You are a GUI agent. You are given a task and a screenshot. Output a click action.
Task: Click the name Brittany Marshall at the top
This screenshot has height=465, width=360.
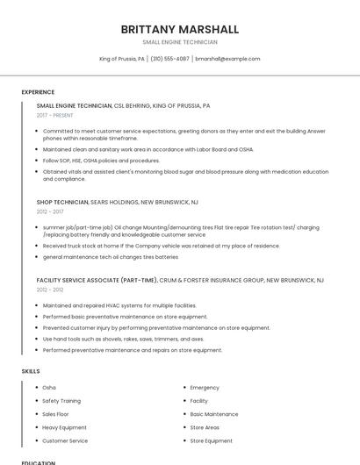(180, 29)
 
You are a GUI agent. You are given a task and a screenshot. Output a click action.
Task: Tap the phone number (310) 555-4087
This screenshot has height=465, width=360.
(169, 59)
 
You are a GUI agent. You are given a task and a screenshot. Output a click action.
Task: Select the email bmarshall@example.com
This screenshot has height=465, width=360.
(227, 59)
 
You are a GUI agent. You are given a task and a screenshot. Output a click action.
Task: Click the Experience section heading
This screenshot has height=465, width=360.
(38, 92)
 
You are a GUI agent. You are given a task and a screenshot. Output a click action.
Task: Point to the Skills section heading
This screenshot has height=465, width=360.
(31, 371)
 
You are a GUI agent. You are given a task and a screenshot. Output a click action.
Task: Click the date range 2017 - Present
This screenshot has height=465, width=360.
(55, 115)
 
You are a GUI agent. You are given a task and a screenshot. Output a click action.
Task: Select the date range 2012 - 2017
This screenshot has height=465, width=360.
(50, 211)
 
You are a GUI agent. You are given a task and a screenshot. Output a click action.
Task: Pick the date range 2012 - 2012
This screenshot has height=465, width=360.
(50, 289)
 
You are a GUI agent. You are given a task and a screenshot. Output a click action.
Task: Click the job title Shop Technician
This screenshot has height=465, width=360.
(62, 202)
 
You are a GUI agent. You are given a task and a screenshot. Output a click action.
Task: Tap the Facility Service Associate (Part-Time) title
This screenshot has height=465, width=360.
(97, 280)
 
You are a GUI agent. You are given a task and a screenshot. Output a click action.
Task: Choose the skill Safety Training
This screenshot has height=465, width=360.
(62, 400)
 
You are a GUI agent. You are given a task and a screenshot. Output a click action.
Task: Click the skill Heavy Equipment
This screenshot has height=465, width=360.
(64, 427)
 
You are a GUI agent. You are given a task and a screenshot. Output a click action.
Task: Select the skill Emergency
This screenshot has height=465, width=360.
(205, 387)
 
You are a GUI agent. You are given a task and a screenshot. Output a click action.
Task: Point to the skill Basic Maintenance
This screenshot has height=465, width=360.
(214, 414)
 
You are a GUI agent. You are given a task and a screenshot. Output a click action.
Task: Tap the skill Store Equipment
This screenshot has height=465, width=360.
(212, 440)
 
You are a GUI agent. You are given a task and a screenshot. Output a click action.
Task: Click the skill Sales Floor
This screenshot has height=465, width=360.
(55, 414)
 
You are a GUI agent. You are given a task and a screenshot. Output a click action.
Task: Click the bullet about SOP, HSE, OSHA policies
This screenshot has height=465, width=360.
(101, 161)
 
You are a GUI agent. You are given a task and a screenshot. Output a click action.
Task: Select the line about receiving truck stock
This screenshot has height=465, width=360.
(149, 246)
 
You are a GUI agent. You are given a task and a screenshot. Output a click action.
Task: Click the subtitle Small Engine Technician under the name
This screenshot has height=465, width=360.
(180, 42)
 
